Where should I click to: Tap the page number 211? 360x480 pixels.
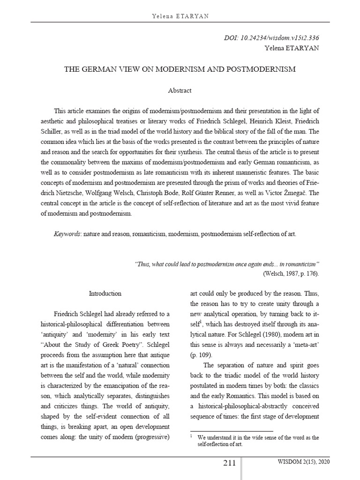click(229, 464)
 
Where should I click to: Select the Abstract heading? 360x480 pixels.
click(180, 90)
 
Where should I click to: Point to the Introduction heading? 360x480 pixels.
click(105, 293)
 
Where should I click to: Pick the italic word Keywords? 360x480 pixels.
click(67, 233)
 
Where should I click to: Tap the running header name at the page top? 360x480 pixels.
click(180, 16)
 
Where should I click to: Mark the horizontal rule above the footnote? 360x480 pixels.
click(231, 431)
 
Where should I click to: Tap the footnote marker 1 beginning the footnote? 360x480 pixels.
click(191, 437)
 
